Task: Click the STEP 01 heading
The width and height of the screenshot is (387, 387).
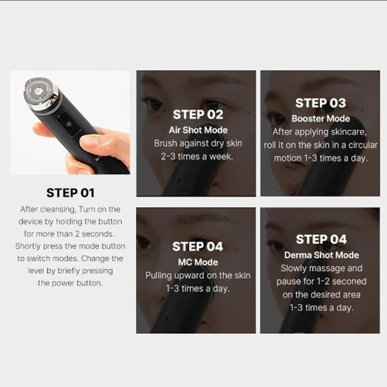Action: (70, 193)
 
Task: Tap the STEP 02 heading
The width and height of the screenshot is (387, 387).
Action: (198, 115)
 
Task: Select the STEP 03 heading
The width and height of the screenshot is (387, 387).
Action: (321, 103)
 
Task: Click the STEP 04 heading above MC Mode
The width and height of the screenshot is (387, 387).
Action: (198, 247)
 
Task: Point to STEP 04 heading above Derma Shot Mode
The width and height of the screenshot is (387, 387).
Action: (321, 239)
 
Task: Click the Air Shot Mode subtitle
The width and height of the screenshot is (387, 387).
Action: (198, 130)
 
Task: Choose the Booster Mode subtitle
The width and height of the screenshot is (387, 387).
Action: (321, 119)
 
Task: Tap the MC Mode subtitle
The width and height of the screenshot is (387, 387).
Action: (198, 262)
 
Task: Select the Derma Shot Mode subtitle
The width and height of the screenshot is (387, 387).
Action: (321, 255)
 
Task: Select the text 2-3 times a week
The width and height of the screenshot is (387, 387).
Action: (198, 157)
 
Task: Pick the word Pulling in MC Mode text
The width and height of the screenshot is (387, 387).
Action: (160, 275)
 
